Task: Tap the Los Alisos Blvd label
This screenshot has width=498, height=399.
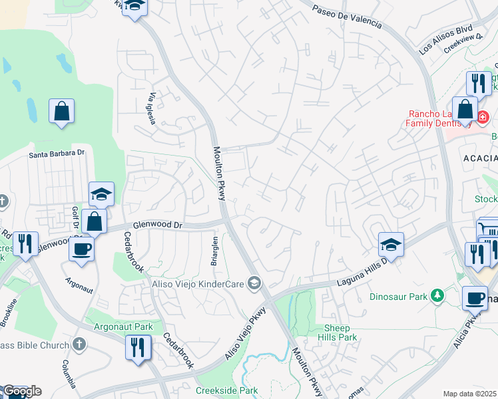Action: pyautogui.click(x=445, y=39)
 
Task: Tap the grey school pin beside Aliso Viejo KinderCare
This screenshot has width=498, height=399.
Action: pyautogui.click(x=254, y=284)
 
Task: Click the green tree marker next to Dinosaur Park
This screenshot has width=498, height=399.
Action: pyautogui.click(x=437, y=295)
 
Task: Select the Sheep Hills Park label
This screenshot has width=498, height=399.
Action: pyautogui.click(x=341, y=332)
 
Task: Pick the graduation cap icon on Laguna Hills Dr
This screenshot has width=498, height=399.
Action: pyautogui.click(x=391, y=245)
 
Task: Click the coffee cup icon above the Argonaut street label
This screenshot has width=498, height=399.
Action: pyautogui.click(x=81, y=249)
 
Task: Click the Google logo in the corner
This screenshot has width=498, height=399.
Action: pyautogui.click(x=21, y=391)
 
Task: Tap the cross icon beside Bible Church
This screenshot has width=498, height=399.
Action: pyautogui.click(x=79, y=344)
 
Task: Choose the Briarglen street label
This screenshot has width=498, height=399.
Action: pyautogui.click(x=215, y=251)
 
